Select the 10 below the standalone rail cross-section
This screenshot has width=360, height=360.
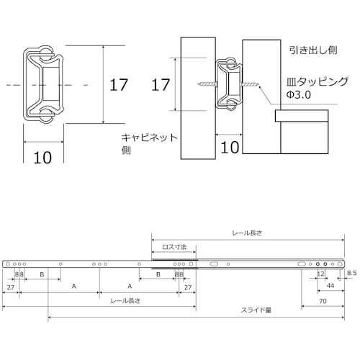click(42, 158)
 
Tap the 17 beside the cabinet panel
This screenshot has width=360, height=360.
click(161, 85)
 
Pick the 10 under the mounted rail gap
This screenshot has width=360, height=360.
click(230, 148)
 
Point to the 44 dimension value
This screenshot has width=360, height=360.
click(330, 286)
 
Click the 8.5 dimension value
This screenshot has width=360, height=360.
click(351, 274)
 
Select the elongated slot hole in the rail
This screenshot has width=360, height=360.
click(213, 265)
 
